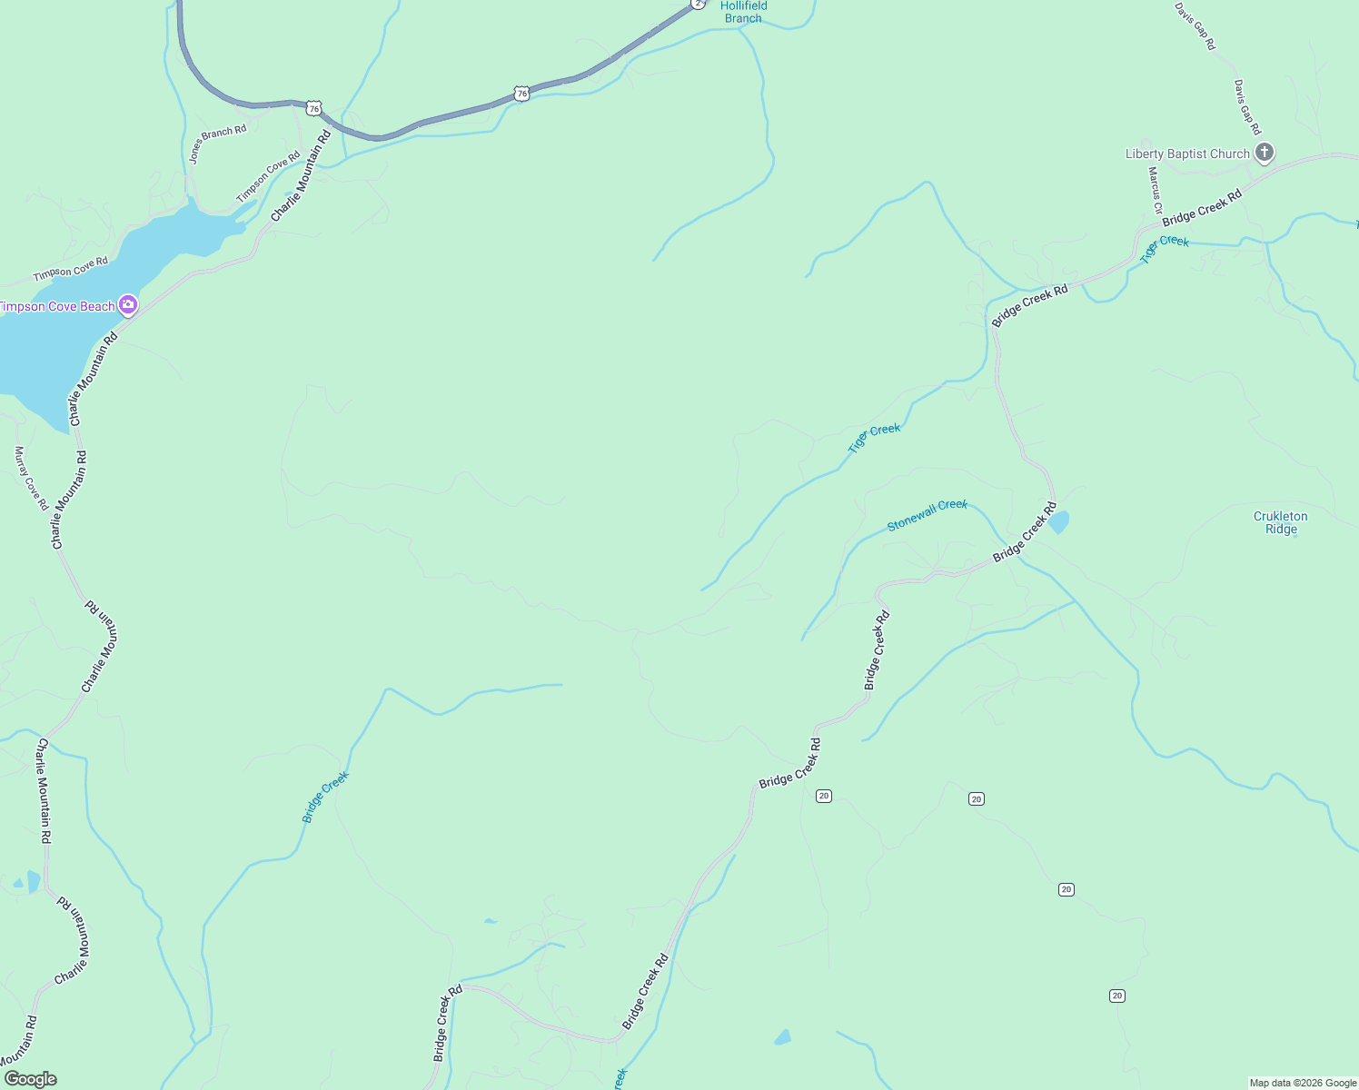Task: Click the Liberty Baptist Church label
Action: coord(1187,154)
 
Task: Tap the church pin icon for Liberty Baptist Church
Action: coord(1264,153)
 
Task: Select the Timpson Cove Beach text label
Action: coord(56,307)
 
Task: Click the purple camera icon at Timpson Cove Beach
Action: coord(128,305)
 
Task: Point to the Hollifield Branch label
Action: coord(743,12)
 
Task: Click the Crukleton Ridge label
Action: coord(1281,522)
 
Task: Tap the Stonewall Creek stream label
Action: coord(927,515)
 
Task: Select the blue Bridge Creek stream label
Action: coord(325,797)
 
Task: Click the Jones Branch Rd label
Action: coord(217,144)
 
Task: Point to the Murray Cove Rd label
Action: coord(31,478)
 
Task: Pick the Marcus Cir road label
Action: coord(1155,190)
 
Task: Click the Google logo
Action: coord(31,1079)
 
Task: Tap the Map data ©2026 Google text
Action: coord(1303,1083)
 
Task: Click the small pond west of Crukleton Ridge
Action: coord(1058,522)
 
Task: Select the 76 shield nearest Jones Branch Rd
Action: coord(313,108)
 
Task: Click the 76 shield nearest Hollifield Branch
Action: coord(521,93)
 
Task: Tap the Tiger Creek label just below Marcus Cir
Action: coord(1165,247)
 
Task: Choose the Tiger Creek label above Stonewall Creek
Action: coord(874,438)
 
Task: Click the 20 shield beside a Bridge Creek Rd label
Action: coord(823,796)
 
